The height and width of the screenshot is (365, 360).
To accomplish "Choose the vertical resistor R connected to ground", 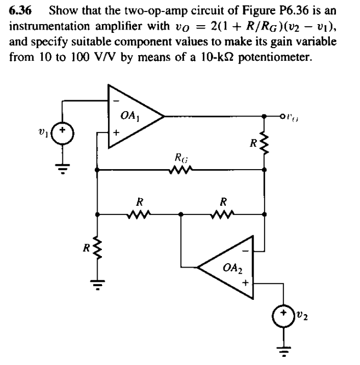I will [x=98, y=248].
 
